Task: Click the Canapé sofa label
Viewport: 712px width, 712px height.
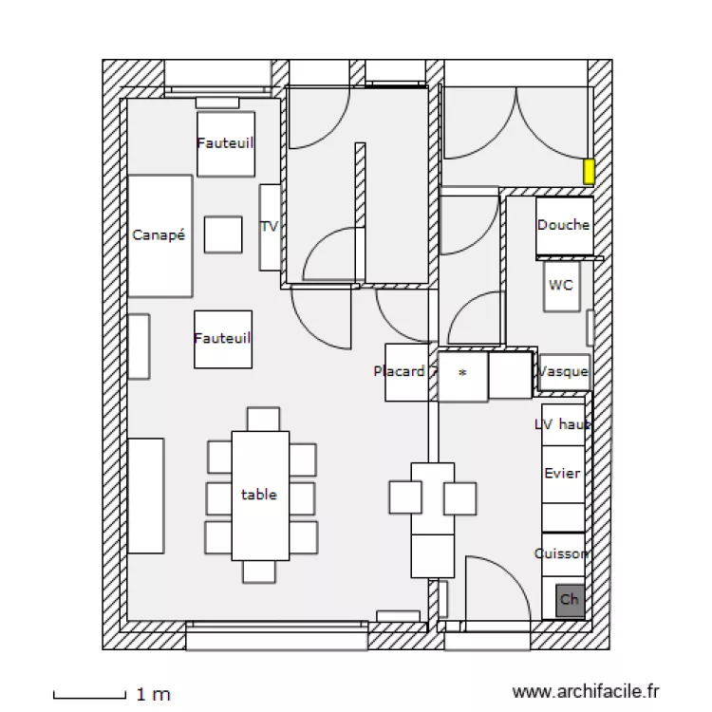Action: [159, 235]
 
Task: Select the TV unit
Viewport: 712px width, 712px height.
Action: [270, 227]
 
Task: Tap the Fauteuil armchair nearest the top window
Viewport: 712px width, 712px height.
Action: [226, 144]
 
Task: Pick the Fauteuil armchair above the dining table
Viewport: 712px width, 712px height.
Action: [223, 339]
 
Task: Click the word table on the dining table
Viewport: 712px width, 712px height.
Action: [259, 495]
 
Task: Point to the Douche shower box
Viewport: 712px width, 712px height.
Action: [564, 226]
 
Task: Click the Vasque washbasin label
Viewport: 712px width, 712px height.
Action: [564, 372]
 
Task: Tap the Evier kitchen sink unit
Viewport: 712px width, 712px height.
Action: [562, 473]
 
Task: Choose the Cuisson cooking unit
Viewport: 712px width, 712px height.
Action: [562, 553]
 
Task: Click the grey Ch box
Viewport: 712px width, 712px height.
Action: [570, 600]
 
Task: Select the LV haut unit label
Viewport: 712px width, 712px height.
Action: [562, 424]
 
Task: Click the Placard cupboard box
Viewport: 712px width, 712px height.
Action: [400, 371]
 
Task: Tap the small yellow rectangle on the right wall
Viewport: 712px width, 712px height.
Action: [589, 172]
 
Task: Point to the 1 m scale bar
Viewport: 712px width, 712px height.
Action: [89, 695]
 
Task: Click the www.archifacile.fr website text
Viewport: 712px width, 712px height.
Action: [585, 693]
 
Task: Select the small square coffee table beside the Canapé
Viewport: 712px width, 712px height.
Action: [223, 234]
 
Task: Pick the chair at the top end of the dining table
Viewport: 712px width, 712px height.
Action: [263, 419]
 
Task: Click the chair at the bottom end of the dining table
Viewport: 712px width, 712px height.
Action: [259, 571]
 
